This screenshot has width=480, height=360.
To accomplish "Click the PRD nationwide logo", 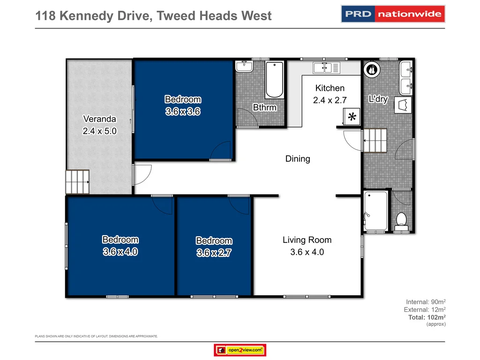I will click(x=392, y=14).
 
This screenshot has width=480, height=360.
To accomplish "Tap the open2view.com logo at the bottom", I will click(x=240, y=350).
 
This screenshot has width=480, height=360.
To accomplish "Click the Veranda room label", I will click(x=99, y=119).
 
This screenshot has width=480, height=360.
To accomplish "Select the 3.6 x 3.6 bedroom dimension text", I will click(x=183, y=112).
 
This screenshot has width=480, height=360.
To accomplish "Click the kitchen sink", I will click(x=329, y=67).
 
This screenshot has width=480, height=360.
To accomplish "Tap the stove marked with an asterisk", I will click(x=351, y=117).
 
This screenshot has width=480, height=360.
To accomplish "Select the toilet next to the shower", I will click(x=401, y=220).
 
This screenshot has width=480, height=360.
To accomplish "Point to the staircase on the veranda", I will click(x=77, y=182).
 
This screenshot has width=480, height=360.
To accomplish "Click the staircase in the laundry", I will click(x=375, y=140).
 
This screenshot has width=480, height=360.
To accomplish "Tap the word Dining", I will click(x=298, y=159).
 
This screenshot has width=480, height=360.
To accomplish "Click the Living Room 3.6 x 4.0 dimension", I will click(x=307, y=252).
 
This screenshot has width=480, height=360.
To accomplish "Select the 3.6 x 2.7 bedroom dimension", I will click(x=214, y=253).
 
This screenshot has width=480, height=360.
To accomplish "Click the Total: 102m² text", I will click(x=427, y=317).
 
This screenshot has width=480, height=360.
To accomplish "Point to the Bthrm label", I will click(x=265, y=107).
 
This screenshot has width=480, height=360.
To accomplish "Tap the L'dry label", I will click(x=378, y=99).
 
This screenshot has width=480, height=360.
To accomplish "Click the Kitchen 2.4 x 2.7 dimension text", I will click(x=330, y=100).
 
